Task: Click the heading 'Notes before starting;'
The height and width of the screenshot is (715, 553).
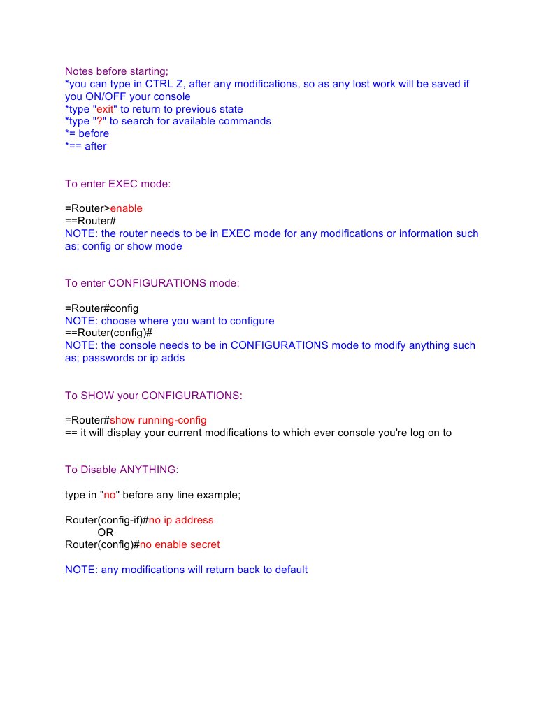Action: (x=117, y=71)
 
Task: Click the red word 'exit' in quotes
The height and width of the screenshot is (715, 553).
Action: (x=105, y=109)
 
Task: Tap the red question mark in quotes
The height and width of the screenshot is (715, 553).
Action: (x=99, y=122)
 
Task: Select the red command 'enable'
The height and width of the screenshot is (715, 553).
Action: (x=127, y=209)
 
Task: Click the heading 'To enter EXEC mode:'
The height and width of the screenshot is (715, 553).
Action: (x=118, y=185)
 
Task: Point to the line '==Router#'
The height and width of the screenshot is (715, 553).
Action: (x=90, y=222)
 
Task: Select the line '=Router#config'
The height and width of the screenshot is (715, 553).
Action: (x=102, y=309)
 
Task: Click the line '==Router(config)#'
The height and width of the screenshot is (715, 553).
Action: (x=108, y=333)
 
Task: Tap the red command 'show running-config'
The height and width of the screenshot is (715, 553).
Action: (x=158, y=421)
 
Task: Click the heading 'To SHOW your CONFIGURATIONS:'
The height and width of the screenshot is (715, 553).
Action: (x=154, y=396)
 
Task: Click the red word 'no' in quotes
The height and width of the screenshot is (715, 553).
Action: (x=109, y=495)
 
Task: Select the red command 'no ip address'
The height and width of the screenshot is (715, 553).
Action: (x=181, y=521)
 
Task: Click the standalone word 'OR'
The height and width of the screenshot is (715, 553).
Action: (x=106, y=533)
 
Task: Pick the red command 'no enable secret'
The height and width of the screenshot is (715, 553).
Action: (x=180, y=545)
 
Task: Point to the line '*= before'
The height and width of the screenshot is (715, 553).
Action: (x=87, y=134)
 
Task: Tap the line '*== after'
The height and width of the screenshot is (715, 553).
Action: (x=86, y=147)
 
